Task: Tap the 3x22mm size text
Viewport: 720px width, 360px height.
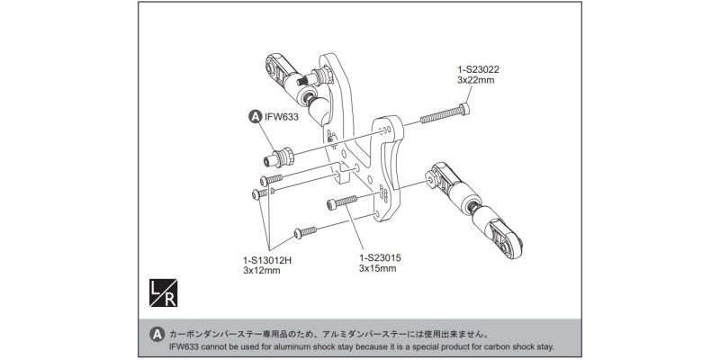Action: tap(475, 81)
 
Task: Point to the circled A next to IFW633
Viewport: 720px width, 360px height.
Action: tap(255, 116)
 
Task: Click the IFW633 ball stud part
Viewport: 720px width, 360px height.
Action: tap(276, 157)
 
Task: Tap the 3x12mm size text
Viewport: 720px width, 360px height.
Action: tap(262, 270)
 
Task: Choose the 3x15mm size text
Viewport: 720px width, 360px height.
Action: tap(378, 268)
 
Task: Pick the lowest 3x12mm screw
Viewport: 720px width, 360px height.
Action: tap(307, 229)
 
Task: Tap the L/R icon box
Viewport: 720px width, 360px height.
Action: tap(160, 292)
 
